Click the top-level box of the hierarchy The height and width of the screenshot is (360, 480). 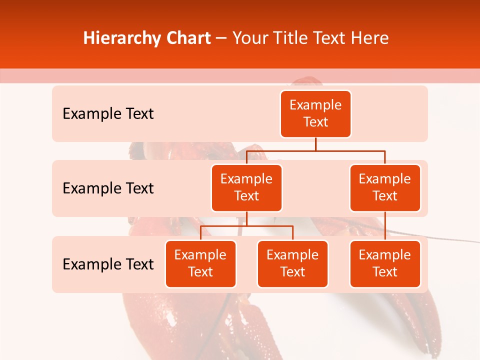(315, 113)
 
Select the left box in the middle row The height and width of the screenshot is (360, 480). (246, 187)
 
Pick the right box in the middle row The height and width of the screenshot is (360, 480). (385, 187)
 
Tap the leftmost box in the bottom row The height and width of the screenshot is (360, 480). (200, 263)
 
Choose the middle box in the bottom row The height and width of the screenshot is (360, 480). (292, 263)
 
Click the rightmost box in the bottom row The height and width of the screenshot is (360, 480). (385, 263)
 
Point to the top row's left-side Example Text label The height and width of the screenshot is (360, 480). (108, 114)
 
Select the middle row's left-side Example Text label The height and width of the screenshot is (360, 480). (108, 188)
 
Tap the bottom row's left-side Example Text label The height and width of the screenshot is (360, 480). (108, 264)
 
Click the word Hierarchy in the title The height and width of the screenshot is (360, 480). (120, 38)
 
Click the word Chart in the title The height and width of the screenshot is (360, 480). (186, 38)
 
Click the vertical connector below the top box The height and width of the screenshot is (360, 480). (315, 144)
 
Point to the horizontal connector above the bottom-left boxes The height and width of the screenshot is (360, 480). (246, 226)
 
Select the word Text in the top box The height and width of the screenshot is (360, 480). (315, 122)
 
